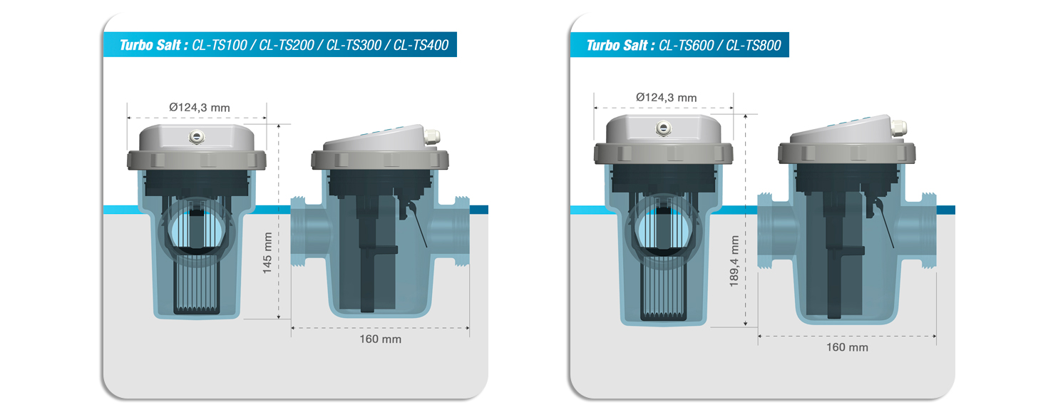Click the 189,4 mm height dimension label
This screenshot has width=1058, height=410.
click(x=735, y=262)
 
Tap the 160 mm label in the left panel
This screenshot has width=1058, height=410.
click(x=380, y=339)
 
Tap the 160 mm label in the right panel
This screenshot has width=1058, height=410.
click(x=847, y=347)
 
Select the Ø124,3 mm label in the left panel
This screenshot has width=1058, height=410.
click(x=200, y=108)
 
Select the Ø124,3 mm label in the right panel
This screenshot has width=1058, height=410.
click(x=666, y=98)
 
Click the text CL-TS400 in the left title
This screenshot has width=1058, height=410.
click(x=421, y=46)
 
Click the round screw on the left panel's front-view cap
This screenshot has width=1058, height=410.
click(x=195, y=135)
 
